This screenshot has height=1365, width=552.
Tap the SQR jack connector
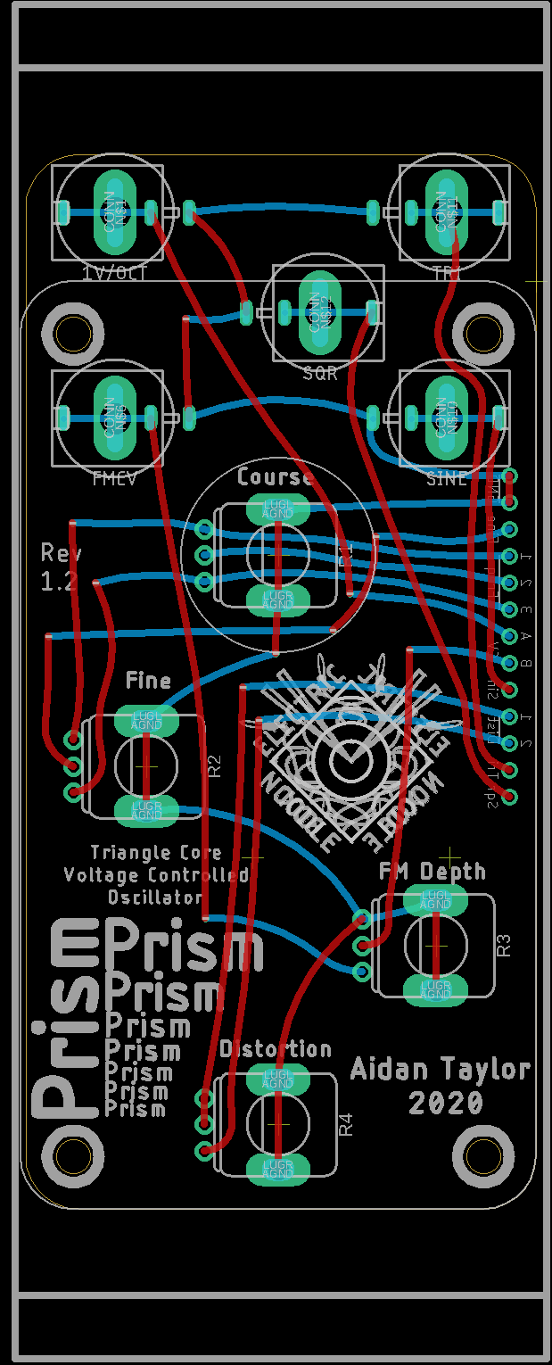(321, 311)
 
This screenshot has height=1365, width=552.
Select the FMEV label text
(114, 479)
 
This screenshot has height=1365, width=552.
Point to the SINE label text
(447, 479)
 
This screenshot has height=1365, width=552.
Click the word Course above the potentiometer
(276, 477)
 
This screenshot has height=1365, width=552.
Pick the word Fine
(148, 682)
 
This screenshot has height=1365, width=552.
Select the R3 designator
(504, 945)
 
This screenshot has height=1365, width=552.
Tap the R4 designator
(347, 1124)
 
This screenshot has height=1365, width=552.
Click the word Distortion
(276, 1049)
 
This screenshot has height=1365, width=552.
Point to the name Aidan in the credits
(389, 1069)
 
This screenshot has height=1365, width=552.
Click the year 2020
(446, 1104)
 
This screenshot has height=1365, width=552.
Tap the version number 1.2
(60, 583)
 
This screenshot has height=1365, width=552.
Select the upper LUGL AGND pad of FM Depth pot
(436, 900)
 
